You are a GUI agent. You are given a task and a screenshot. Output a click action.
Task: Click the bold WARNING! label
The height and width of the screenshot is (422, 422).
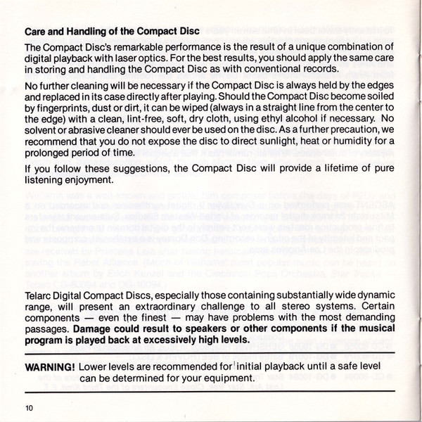(x=50, y=367)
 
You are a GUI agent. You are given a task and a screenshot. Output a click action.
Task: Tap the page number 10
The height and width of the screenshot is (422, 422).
(x=29, y=407)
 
